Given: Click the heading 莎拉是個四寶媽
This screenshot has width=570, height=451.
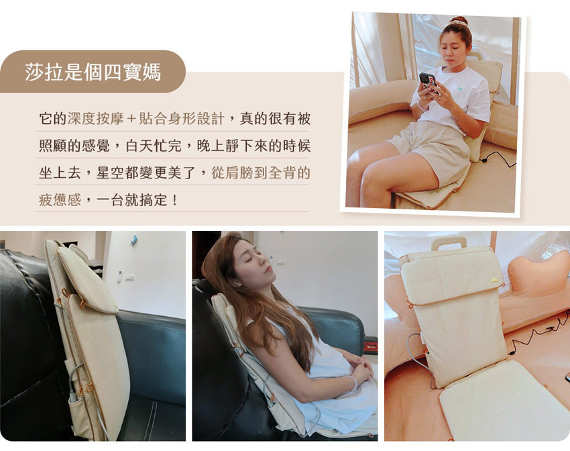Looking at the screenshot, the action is (93, 72).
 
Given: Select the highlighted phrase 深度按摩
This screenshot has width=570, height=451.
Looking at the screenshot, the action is (96, 119).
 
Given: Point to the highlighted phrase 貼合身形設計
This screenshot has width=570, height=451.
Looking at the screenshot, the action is (182, 119).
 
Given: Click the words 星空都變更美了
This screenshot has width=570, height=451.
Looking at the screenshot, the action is (146, 172).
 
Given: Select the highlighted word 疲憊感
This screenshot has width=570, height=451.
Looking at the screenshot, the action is (60, 200).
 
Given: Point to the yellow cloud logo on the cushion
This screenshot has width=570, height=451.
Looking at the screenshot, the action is (495, 280).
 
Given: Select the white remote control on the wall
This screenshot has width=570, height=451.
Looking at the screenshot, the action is (119, 277).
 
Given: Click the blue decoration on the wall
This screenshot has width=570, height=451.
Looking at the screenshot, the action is (135, 240).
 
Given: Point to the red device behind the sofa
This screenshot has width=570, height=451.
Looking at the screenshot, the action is (370, 346).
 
